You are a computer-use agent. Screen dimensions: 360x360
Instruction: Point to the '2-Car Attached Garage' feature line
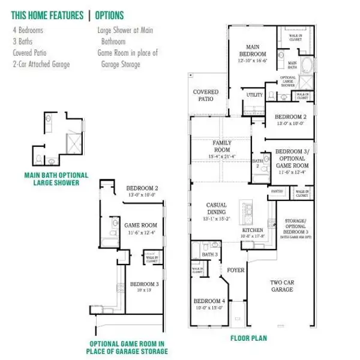[x=41, y=64]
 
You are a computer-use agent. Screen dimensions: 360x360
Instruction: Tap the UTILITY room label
[x=254, y=95]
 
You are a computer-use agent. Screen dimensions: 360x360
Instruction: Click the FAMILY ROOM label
[x=222, y=146]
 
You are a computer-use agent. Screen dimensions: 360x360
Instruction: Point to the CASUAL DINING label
[x=216, y=208]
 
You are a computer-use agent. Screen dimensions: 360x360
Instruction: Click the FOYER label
[x=236, y=270]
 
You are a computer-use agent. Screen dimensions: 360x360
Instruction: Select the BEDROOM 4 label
[x=208, y=302]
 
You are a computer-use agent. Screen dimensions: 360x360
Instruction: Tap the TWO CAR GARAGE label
[x=281, y=286]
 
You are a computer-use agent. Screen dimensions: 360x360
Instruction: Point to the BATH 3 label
[x=209, y=255]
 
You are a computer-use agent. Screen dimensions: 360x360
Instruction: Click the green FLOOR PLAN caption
[x=248, y=338]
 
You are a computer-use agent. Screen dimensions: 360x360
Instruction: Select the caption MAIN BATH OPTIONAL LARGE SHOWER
[x=56, y=179]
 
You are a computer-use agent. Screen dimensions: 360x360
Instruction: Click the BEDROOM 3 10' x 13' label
[x=145, y=286]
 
